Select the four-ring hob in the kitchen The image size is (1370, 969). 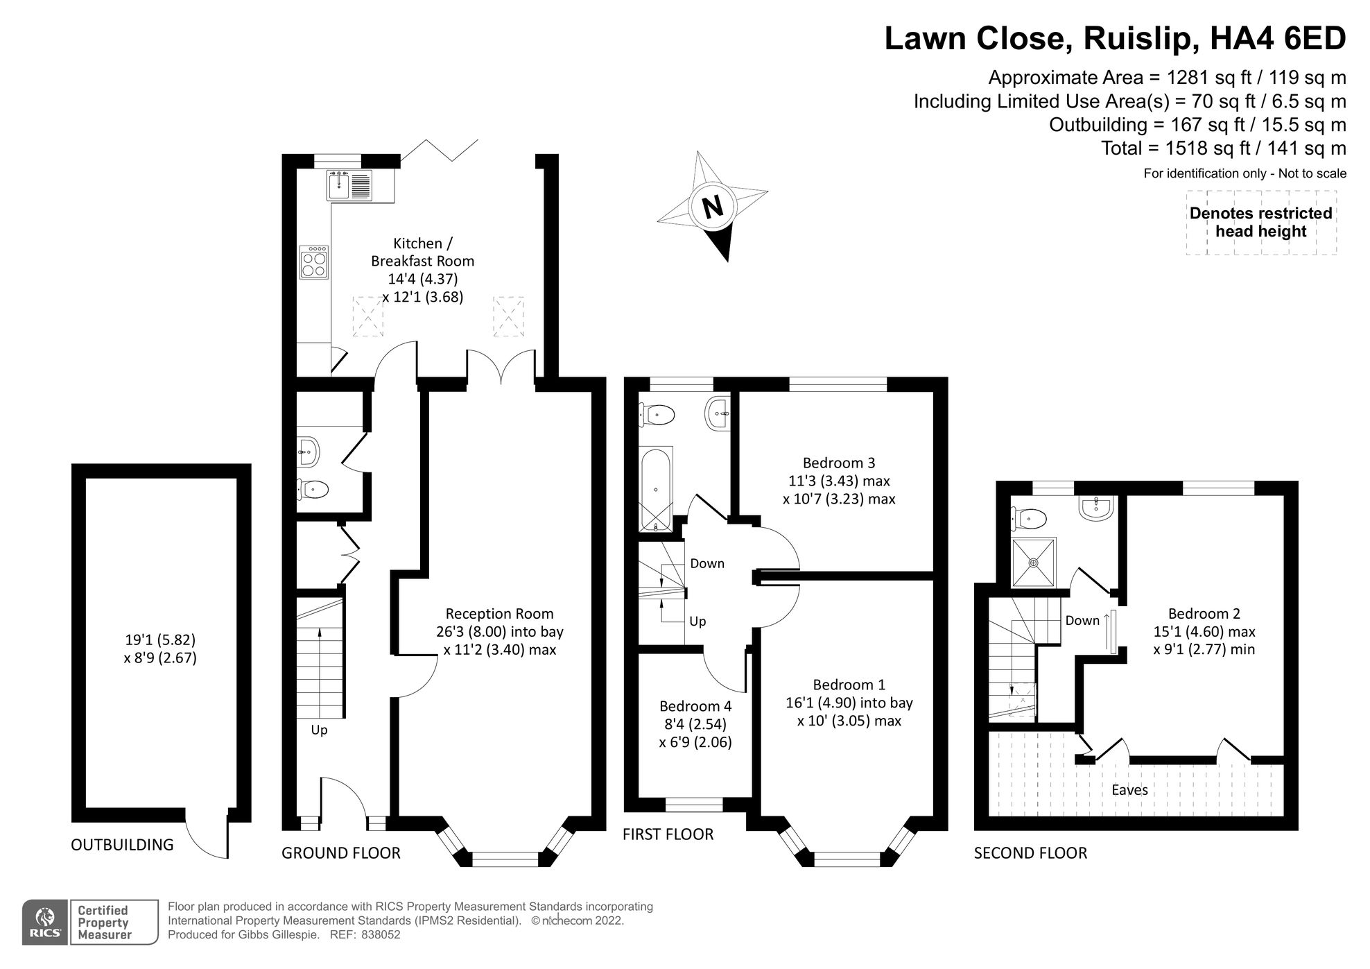click(314, 263)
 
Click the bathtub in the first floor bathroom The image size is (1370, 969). click(656, 488)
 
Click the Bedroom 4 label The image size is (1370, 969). click(695, 706)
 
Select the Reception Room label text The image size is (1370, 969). click(499, 614)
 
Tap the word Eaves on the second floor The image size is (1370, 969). click(1129, 789)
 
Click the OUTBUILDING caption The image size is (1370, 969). click(122, 845)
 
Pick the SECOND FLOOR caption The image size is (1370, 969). click(1030, 853)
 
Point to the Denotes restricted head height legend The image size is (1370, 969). click(1260, 223)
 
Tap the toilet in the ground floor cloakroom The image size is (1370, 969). click(313, 489)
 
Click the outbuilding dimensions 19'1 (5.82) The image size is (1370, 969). click(160, 640)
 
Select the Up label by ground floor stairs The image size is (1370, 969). click(319, 730)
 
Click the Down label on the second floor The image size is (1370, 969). click(1082, 620)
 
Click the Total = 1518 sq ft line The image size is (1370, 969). click(1223, 148)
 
